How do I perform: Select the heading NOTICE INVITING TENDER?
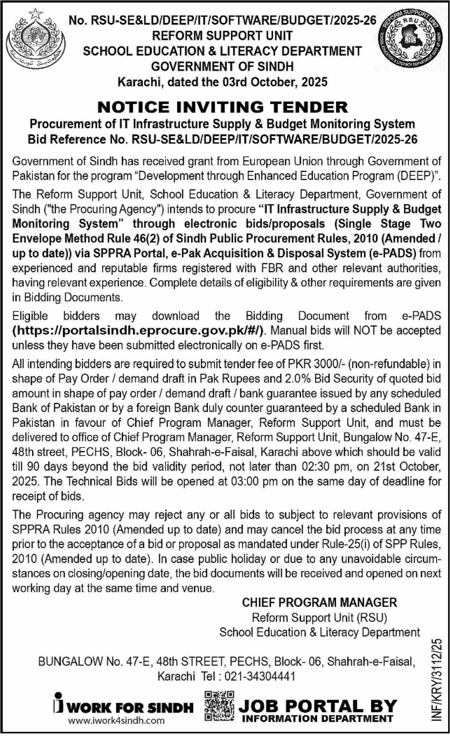[222, 107]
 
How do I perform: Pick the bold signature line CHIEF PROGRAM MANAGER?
[320, 602]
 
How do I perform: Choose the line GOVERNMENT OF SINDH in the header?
[222, 66]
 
